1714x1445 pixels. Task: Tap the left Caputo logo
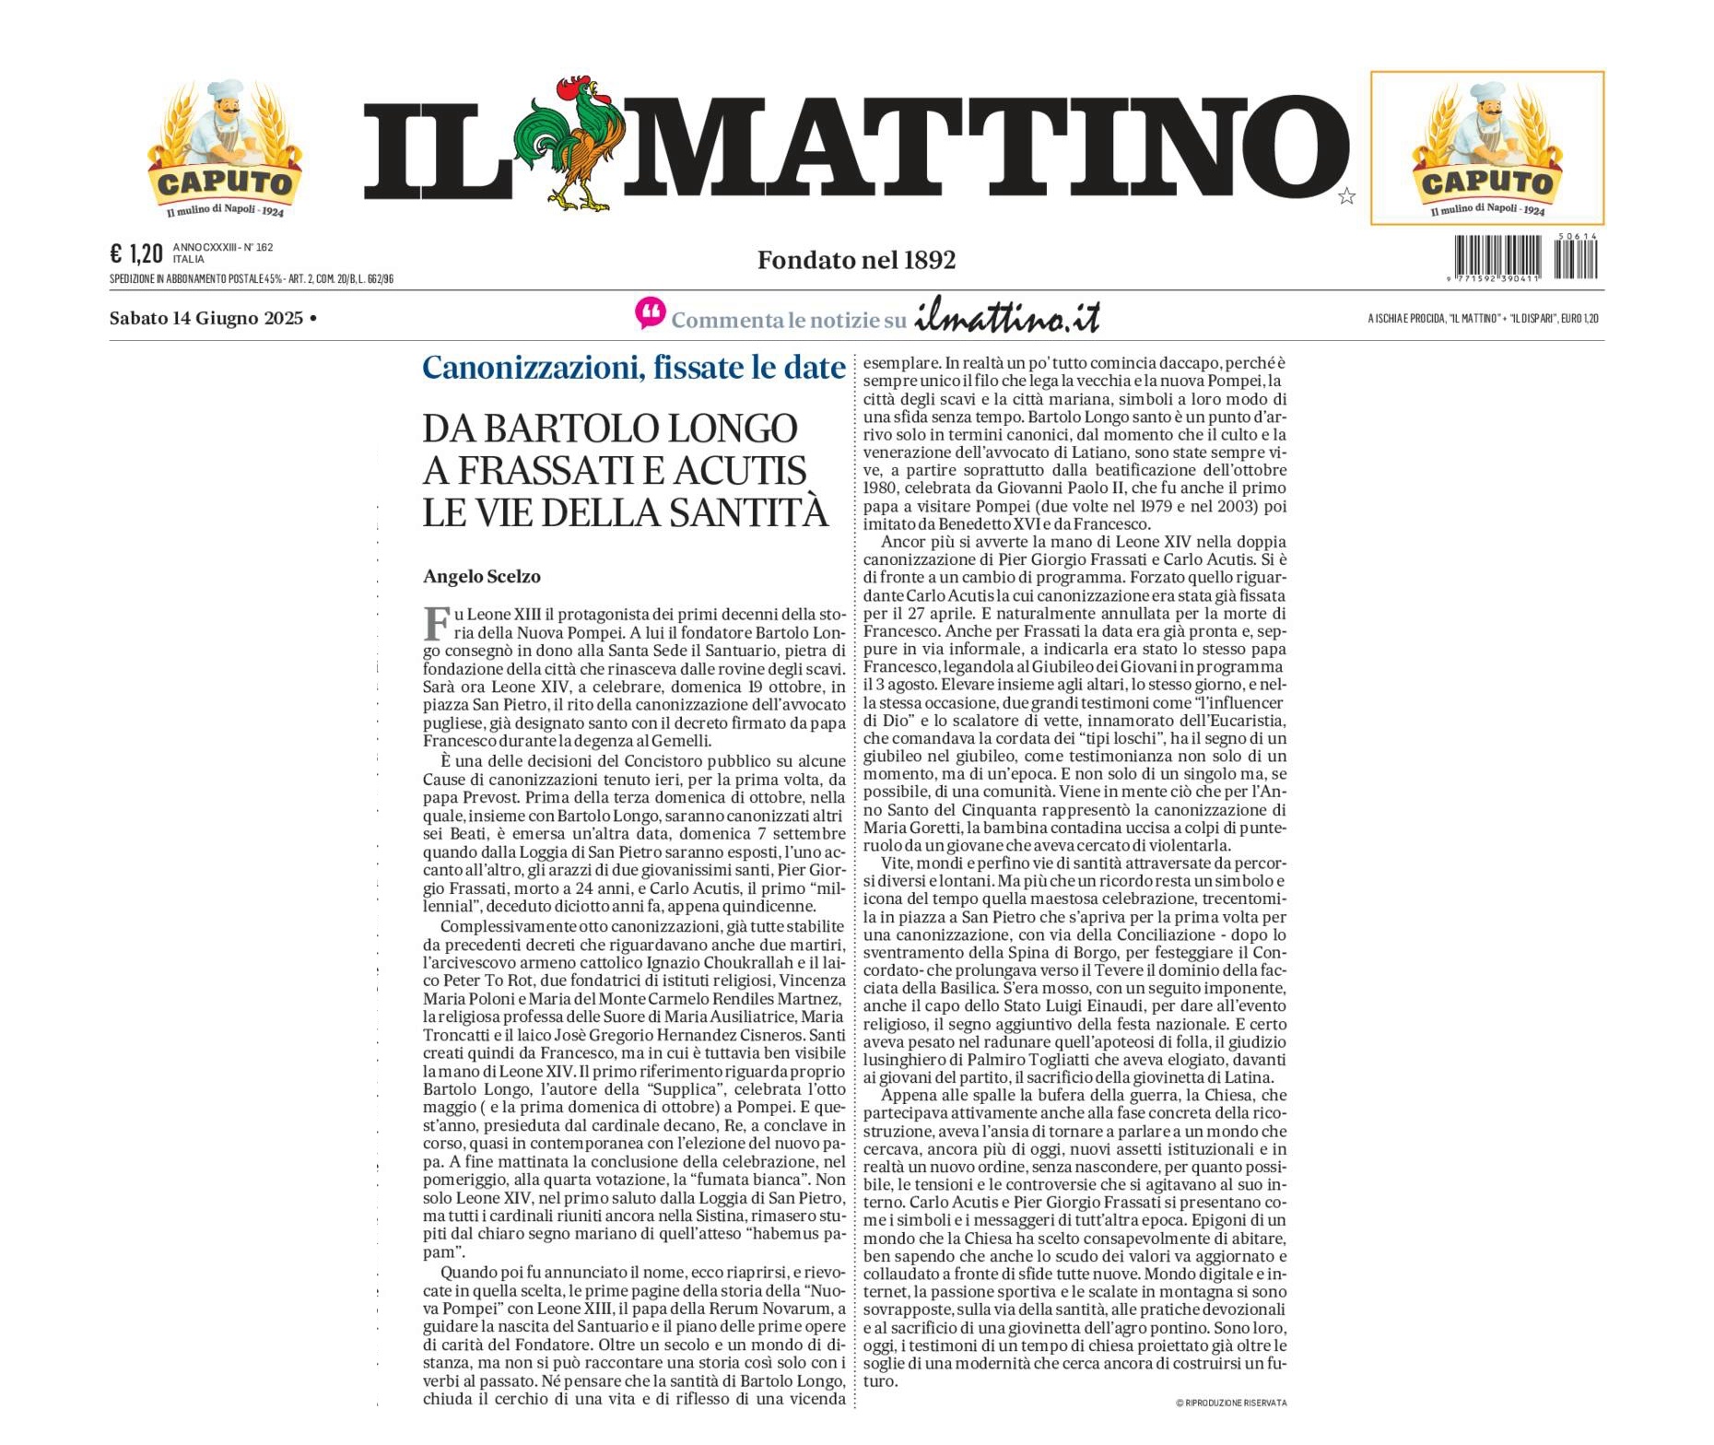[224, 149]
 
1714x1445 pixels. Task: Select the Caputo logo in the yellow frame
[1486, 149]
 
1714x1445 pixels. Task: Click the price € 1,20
[135, 253]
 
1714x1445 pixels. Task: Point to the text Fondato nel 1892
[856, 261]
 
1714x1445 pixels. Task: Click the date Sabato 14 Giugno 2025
[206, 319]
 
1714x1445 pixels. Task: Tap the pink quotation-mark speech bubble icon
[650, 313]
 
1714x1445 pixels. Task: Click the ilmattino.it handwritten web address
[1007, 317]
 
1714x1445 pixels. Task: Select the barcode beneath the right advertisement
[1525, 258]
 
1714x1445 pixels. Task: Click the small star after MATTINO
[1346, 196]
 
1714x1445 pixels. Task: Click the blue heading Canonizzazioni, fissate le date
[633, 368]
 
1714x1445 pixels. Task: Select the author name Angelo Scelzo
[481, 577]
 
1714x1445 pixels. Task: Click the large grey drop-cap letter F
[436, 623]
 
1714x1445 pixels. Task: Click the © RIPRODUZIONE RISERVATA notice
[1231, 1403]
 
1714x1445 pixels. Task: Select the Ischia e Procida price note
[1483, 319]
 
